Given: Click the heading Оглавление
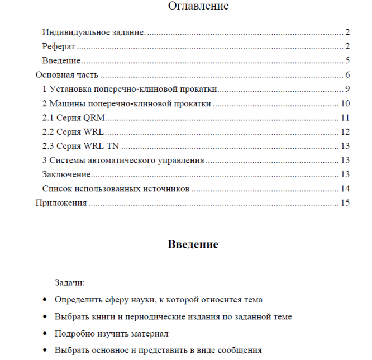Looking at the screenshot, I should click(190, 7).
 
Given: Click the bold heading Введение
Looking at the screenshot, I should click(192, 244).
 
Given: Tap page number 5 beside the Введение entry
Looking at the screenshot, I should click(347, 60).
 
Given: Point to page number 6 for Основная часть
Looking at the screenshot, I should click(347, 74).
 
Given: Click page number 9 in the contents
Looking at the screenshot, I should click(347, 89).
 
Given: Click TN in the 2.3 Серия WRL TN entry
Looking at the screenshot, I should click(112, 146).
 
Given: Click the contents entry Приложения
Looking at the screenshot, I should click(61, 203).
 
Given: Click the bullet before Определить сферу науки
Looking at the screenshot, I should click(44, 300).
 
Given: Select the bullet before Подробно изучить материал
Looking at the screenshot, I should click(44, 334).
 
